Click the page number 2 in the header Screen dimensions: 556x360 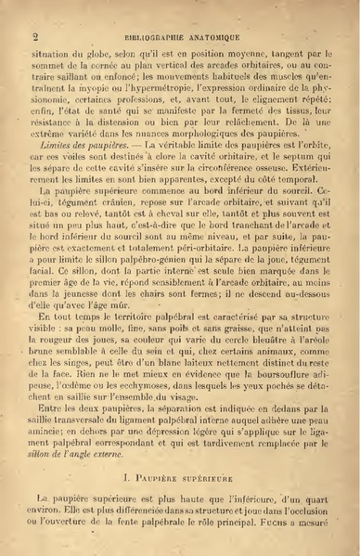click(x=34, y=37)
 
